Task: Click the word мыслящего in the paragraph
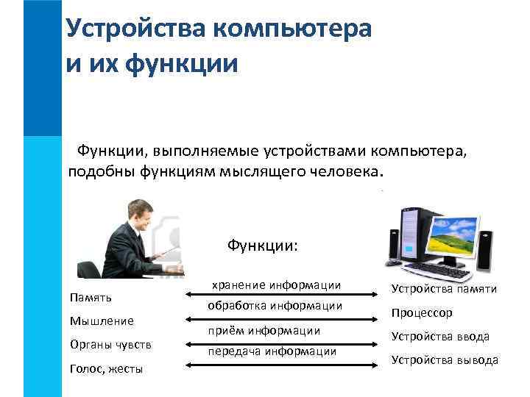(x=258, y=173)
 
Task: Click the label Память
(x=91, y=298)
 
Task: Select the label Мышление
(x=102, y=321)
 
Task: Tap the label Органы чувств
(x=110, y=345)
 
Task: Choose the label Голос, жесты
(x=106, y=369)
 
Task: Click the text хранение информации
(x=276, y=285)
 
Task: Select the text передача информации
(x=272, y=351)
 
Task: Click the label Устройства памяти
(x=444, y=289)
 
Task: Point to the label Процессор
(x=422, y=312)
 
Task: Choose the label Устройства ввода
(x=440, y=337)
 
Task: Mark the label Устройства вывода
(x=445, y=360)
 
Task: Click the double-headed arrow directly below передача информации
(x=275, y=363)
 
